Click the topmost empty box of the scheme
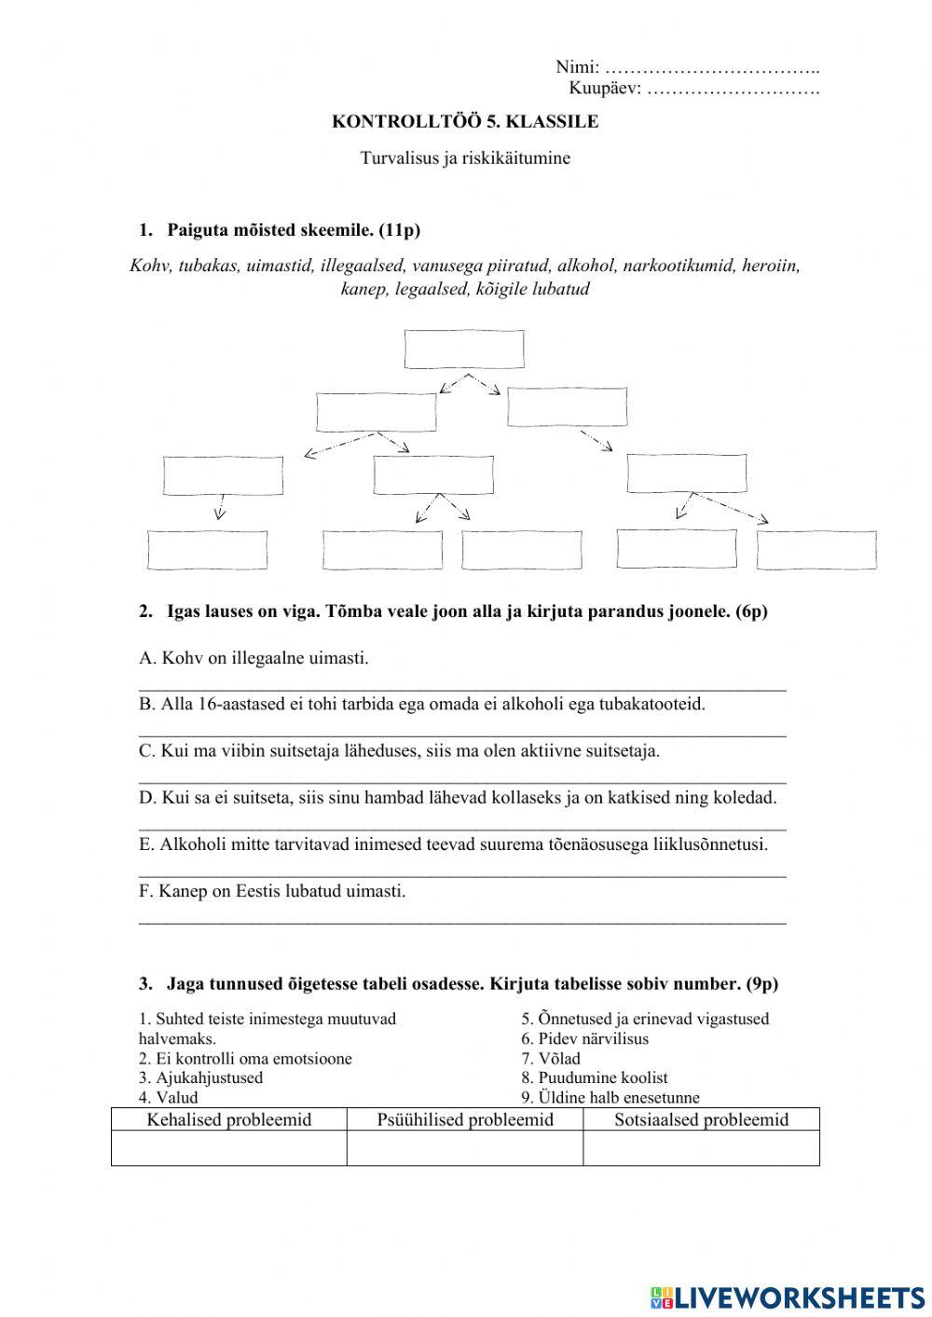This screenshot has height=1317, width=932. (464, 349)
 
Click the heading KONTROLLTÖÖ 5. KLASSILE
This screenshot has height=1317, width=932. (465, 122)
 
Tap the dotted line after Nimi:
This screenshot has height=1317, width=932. (712, 68)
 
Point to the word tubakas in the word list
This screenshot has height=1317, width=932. (210, 267)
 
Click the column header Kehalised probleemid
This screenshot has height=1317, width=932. (228, 1119)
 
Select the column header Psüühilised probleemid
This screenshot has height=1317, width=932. (465, 1119)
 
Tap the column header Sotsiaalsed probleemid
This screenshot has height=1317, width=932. (701, 1119)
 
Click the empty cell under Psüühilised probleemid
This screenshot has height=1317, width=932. (465, 1148)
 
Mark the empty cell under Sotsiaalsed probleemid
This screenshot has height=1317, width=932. (701, 1148)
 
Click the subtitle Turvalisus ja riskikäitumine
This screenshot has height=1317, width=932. (465, 158)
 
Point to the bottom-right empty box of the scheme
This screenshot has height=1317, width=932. (816, 550)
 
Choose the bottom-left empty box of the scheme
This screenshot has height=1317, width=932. (208, 550)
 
